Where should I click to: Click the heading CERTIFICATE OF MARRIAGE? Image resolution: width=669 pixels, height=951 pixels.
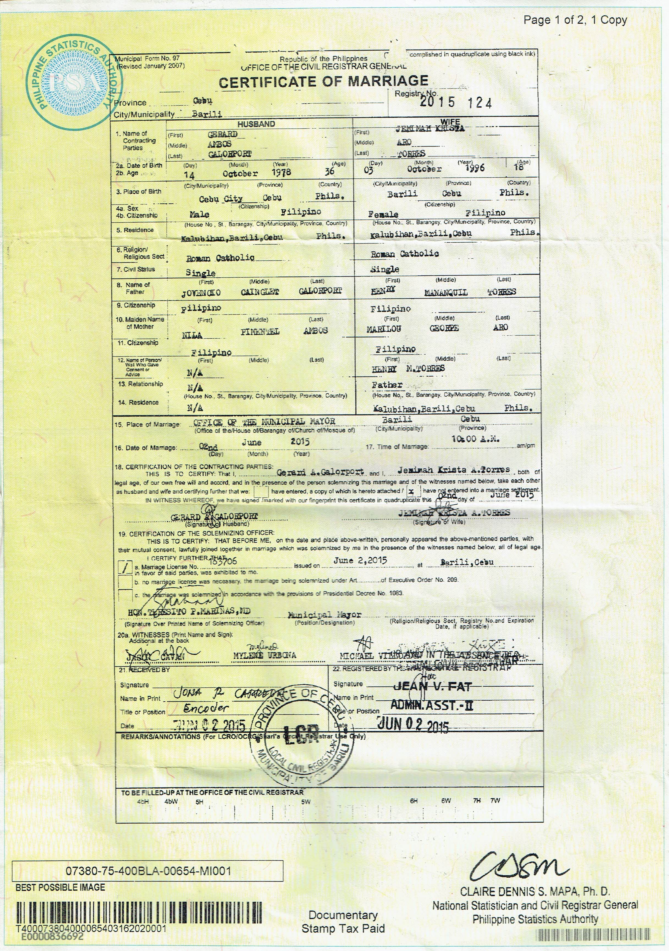point(323,82)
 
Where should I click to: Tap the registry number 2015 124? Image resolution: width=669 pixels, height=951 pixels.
point(456,102)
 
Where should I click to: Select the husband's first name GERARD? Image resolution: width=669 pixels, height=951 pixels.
point(222,134)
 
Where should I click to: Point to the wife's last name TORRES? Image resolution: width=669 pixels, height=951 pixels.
point(411,154)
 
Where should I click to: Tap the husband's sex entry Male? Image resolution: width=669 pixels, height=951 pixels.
point(199,214)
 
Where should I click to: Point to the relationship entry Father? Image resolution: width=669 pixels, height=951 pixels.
point(387,385)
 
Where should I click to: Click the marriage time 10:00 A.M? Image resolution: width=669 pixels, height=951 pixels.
point(475,439)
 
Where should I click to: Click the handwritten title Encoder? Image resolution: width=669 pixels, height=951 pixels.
point(206,708)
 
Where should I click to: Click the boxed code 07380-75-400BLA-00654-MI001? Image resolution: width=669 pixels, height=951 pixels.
point(148,871)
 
